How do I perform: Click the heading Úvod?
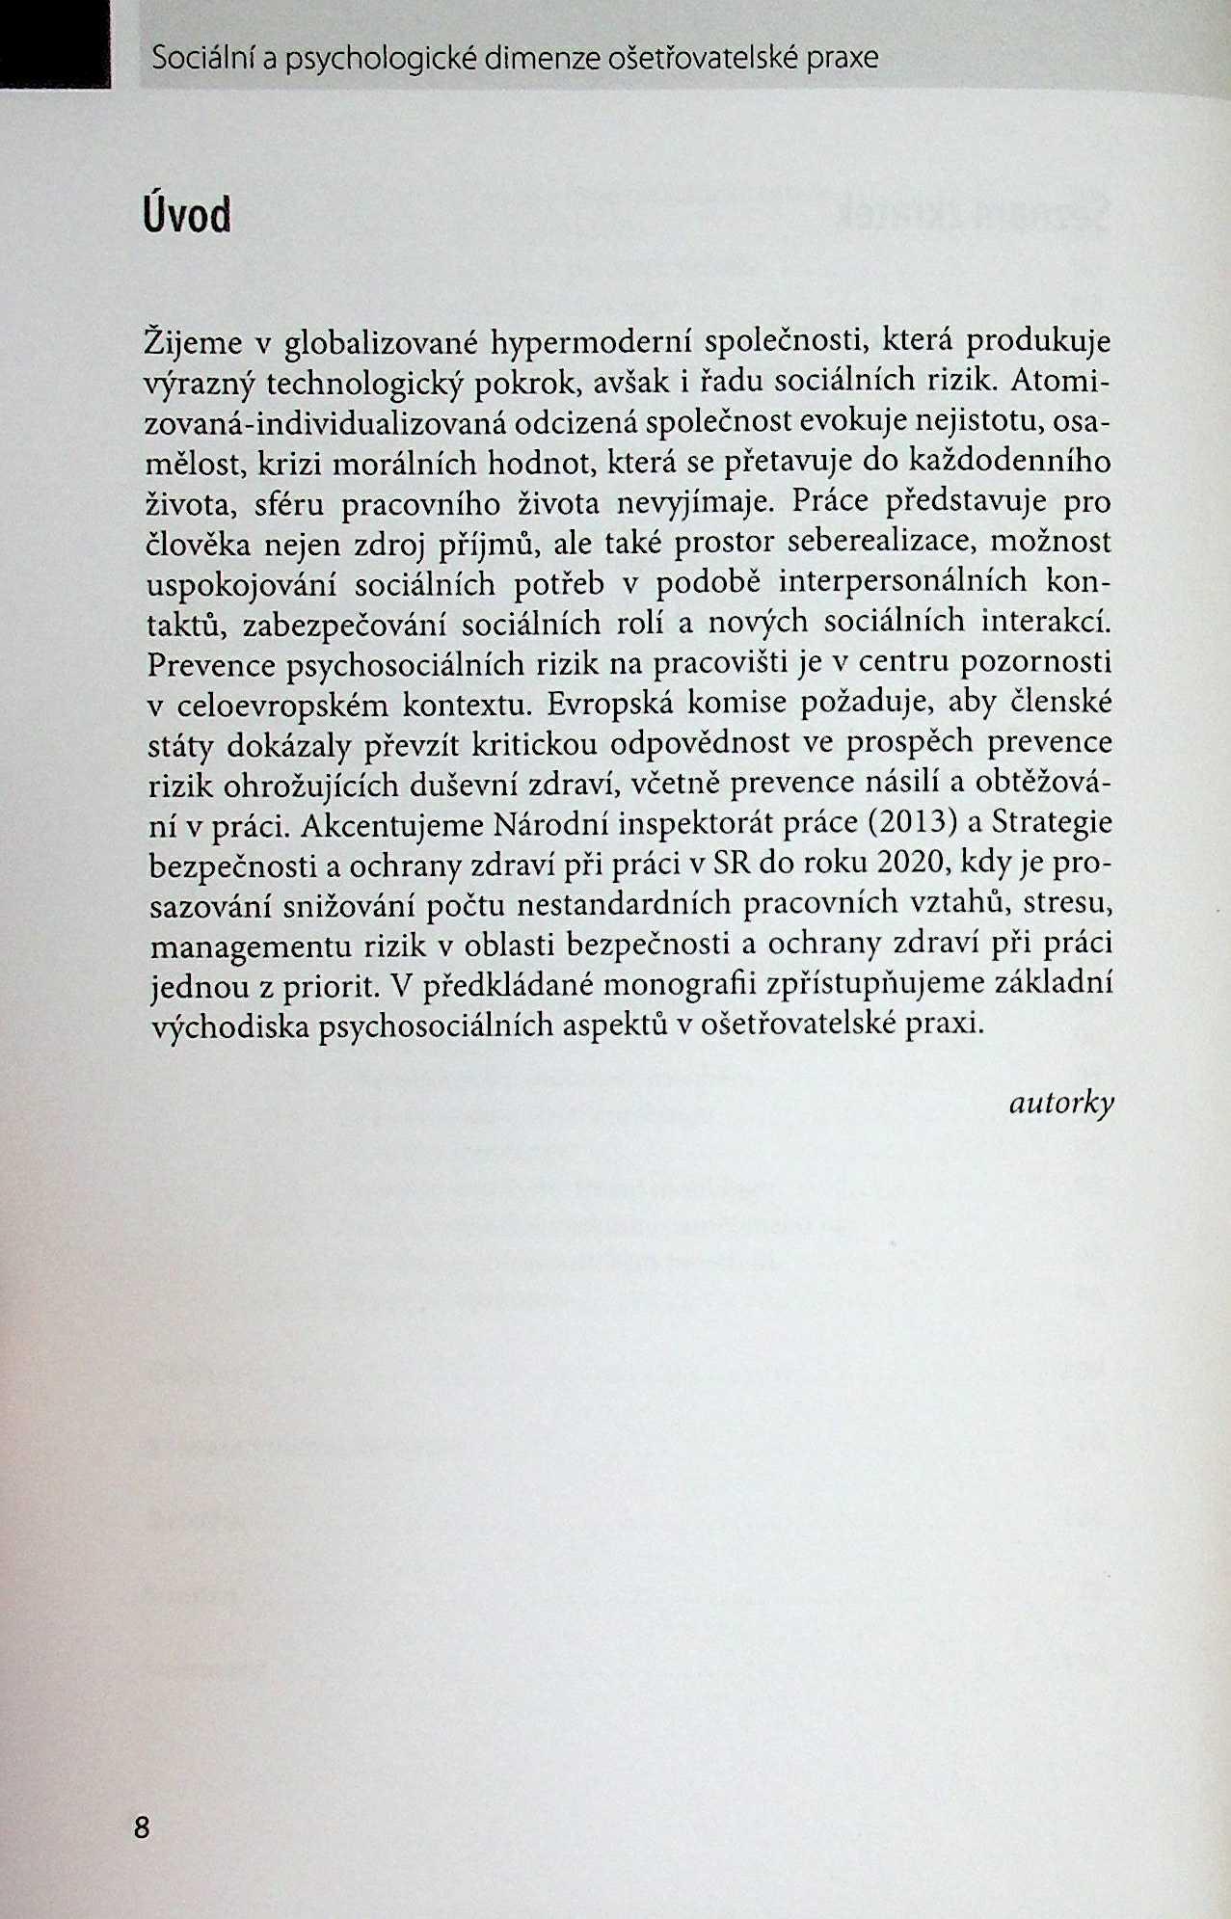pyautogui.click(x=187, y=214)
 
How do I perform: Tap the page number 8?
pyautogui.click(x=142, y=1826)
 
